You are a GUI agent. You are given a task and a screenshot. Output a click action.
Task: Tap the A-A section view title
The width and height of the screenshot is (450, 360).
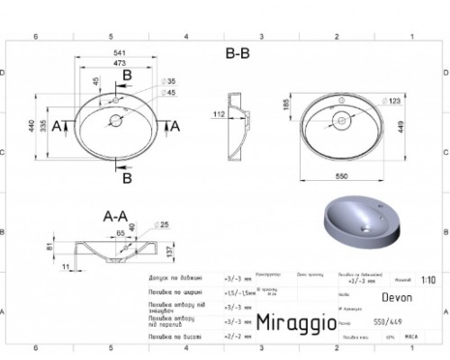point(115,216)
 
